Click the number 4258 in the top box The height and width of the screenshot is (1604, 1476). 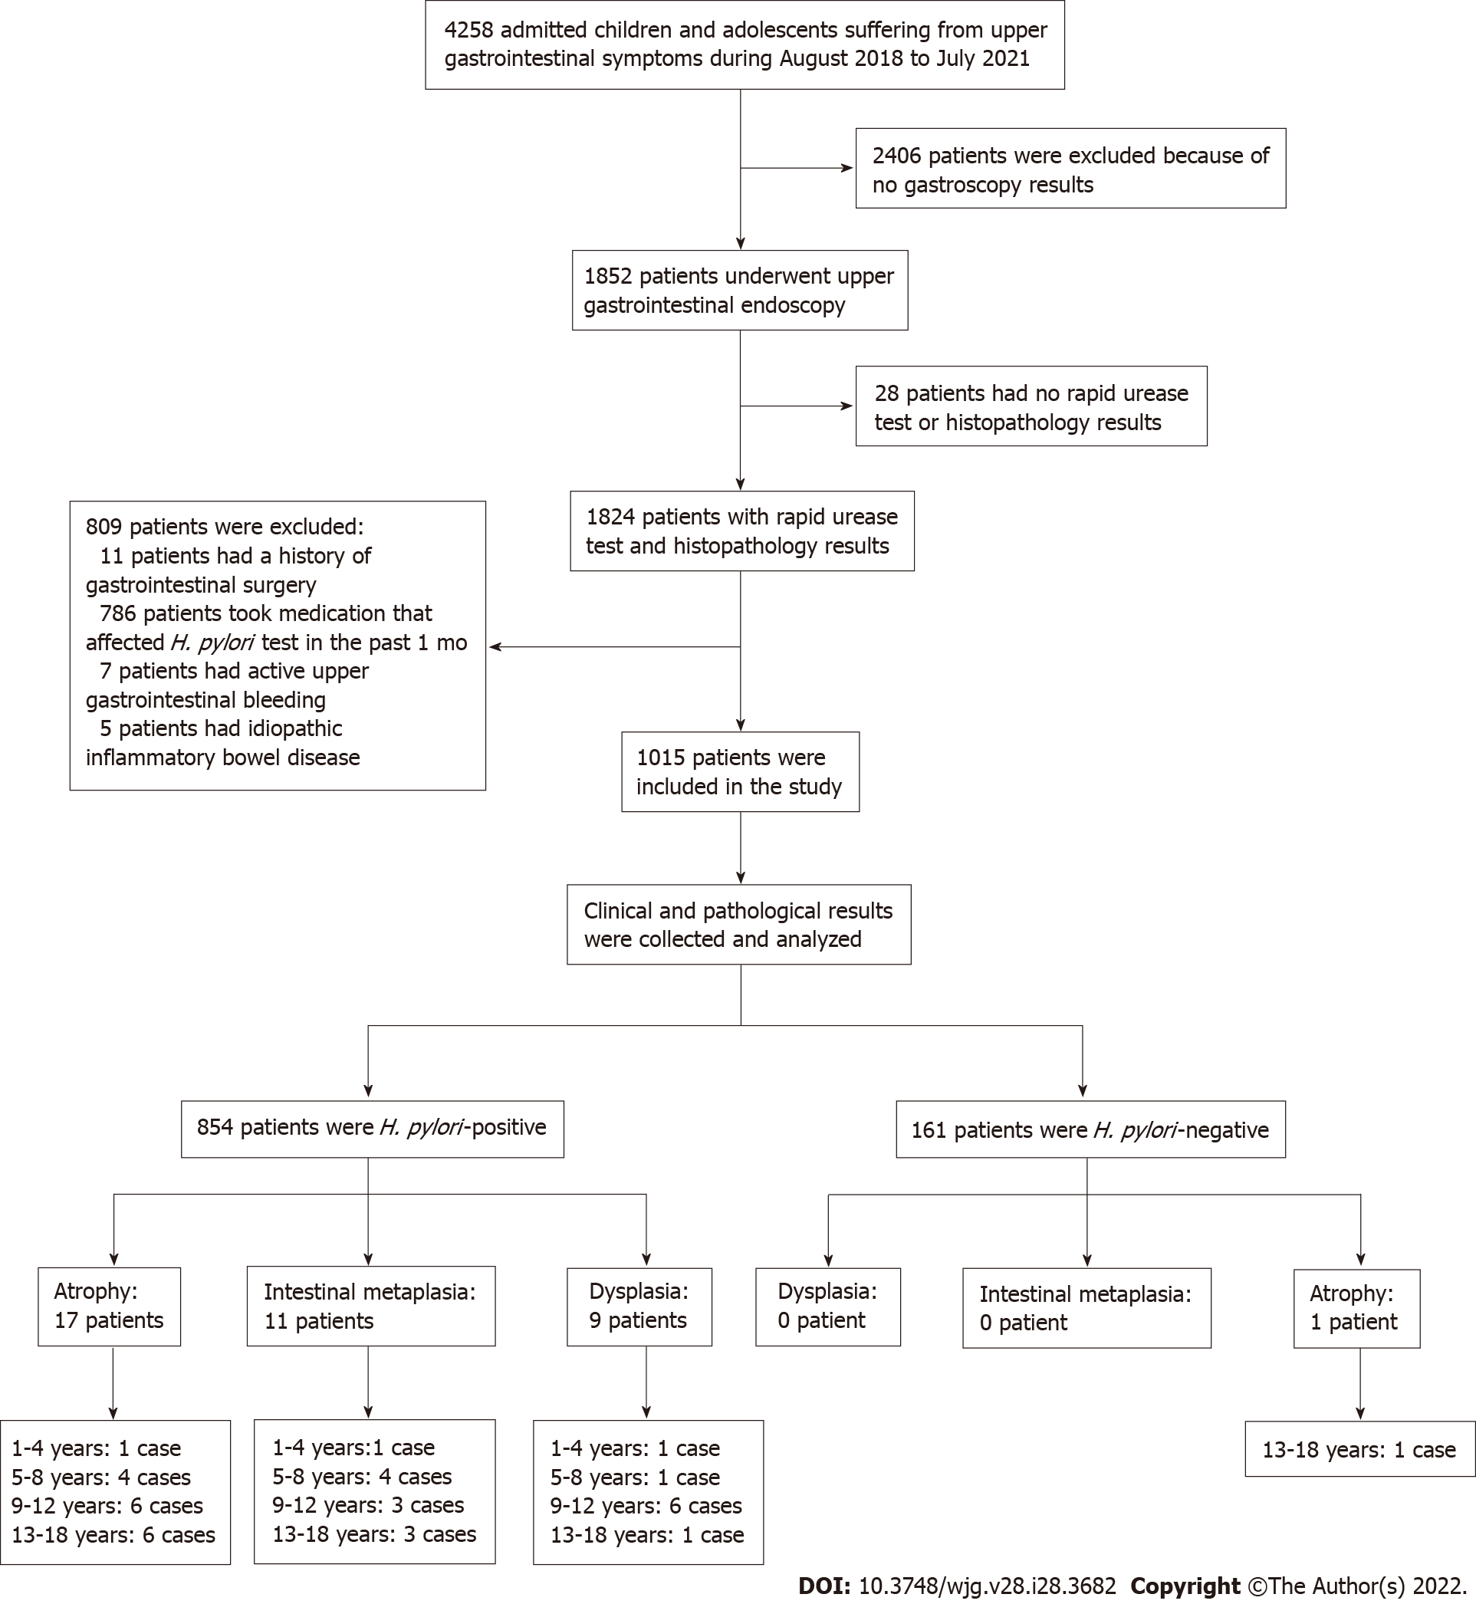pos(468,31)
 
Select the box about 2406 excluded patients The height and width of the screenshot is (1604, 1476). pos(1070,169)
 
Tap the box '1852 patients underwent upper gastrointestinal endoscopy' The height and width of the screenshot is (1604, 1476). pos(740,290)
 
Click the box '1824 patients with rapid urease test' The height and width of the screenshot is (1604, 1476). pos(742,531)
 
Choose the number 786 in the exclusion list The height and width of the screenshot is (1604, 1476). pos(117,613)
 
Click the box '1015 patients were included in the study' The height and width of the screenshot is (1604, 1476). pos(741,771)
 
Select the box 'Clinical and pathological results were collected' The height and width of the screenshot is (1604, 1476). pos(739,924)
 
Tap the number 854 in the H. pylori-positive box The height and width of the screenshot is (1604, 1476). pos(215,1127)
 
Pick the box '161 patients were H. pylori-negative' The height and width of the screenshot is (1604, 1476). pos(1090,1129)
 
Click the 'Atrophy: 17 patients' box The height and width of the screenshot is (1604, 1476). pos(110,1306)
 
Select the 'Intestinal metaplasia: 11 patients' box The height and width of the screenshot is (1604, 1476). pos(370,1306)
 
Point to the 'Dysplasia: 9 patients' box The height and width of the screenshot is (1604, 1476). pos(639,1307)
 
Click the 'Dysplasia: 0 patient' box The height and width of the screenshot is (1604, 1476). pos(827,1307)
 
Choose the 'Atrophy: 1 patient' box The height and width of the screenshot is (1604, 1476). pos(1356,1309)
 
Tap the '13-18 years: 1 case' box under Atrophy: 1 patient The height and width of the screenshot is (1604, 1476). pos(1359,1448)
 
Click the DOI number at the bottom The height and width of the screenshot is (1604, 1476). pos(988,1586)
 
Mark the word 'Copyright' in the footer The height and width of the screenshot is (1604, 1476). pos(1185,1586)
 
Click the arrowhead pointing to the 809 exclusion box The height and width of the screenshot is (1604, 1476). pos(495,647)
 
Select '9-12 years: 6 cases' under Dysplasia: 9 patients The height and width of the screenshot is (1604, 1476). pos(646,1506)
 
